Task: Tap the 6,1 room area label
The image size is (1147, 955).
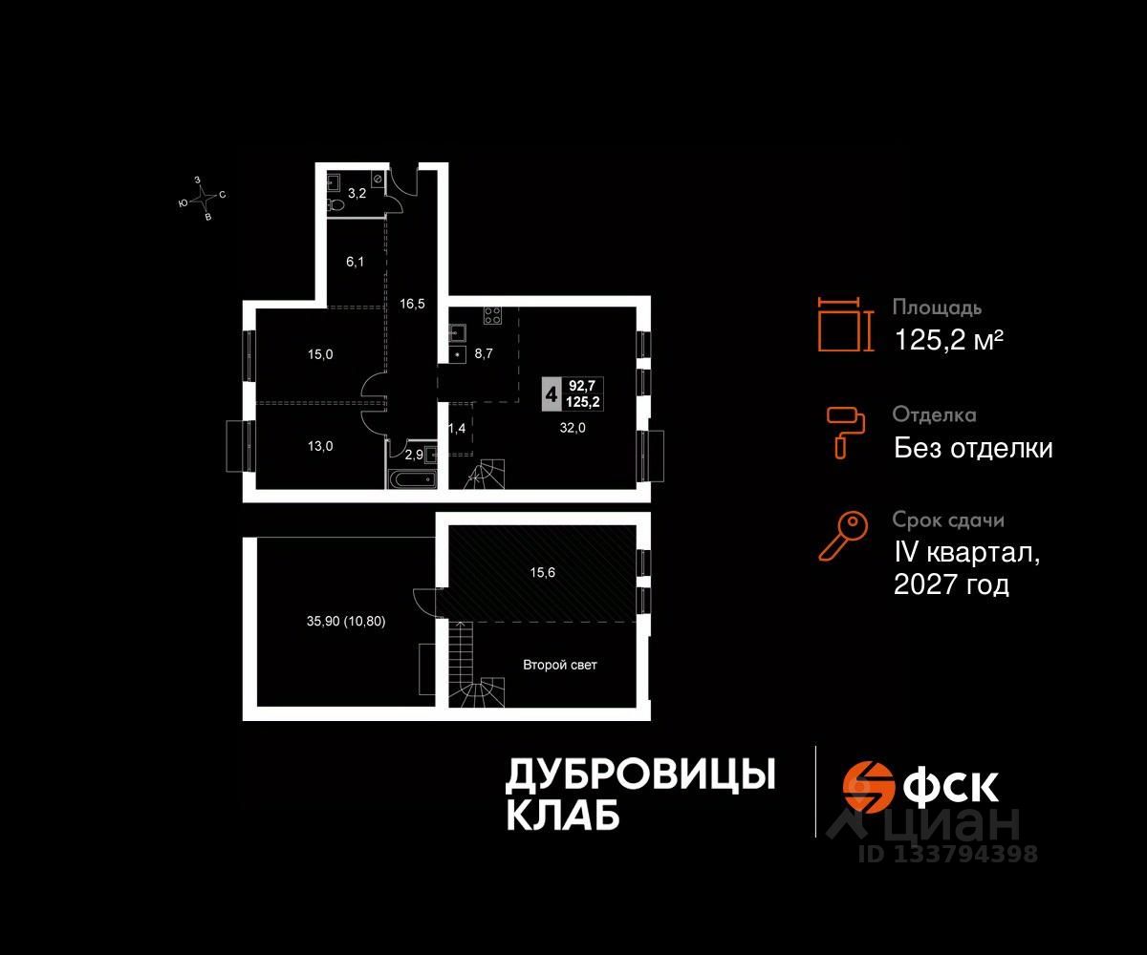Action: (x=355, y=262)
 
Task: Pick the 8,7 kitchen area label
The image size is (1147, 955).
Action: (x=484, y=353)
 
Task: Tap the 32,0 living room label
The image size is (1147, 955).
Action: (x=573, y=428)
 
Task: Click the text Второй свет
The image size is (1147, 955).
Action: (x=559, y=665)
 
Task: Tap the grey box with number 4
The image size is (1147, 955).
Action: (x=551, y=393)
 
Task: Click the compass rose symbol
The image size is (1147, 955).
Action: (x=202, y=198)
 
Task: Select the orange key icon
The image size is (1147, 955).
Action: (x=844, y=536)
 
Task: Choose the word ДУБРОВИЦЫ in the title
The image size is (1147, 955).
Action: (x=639, y=775)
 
